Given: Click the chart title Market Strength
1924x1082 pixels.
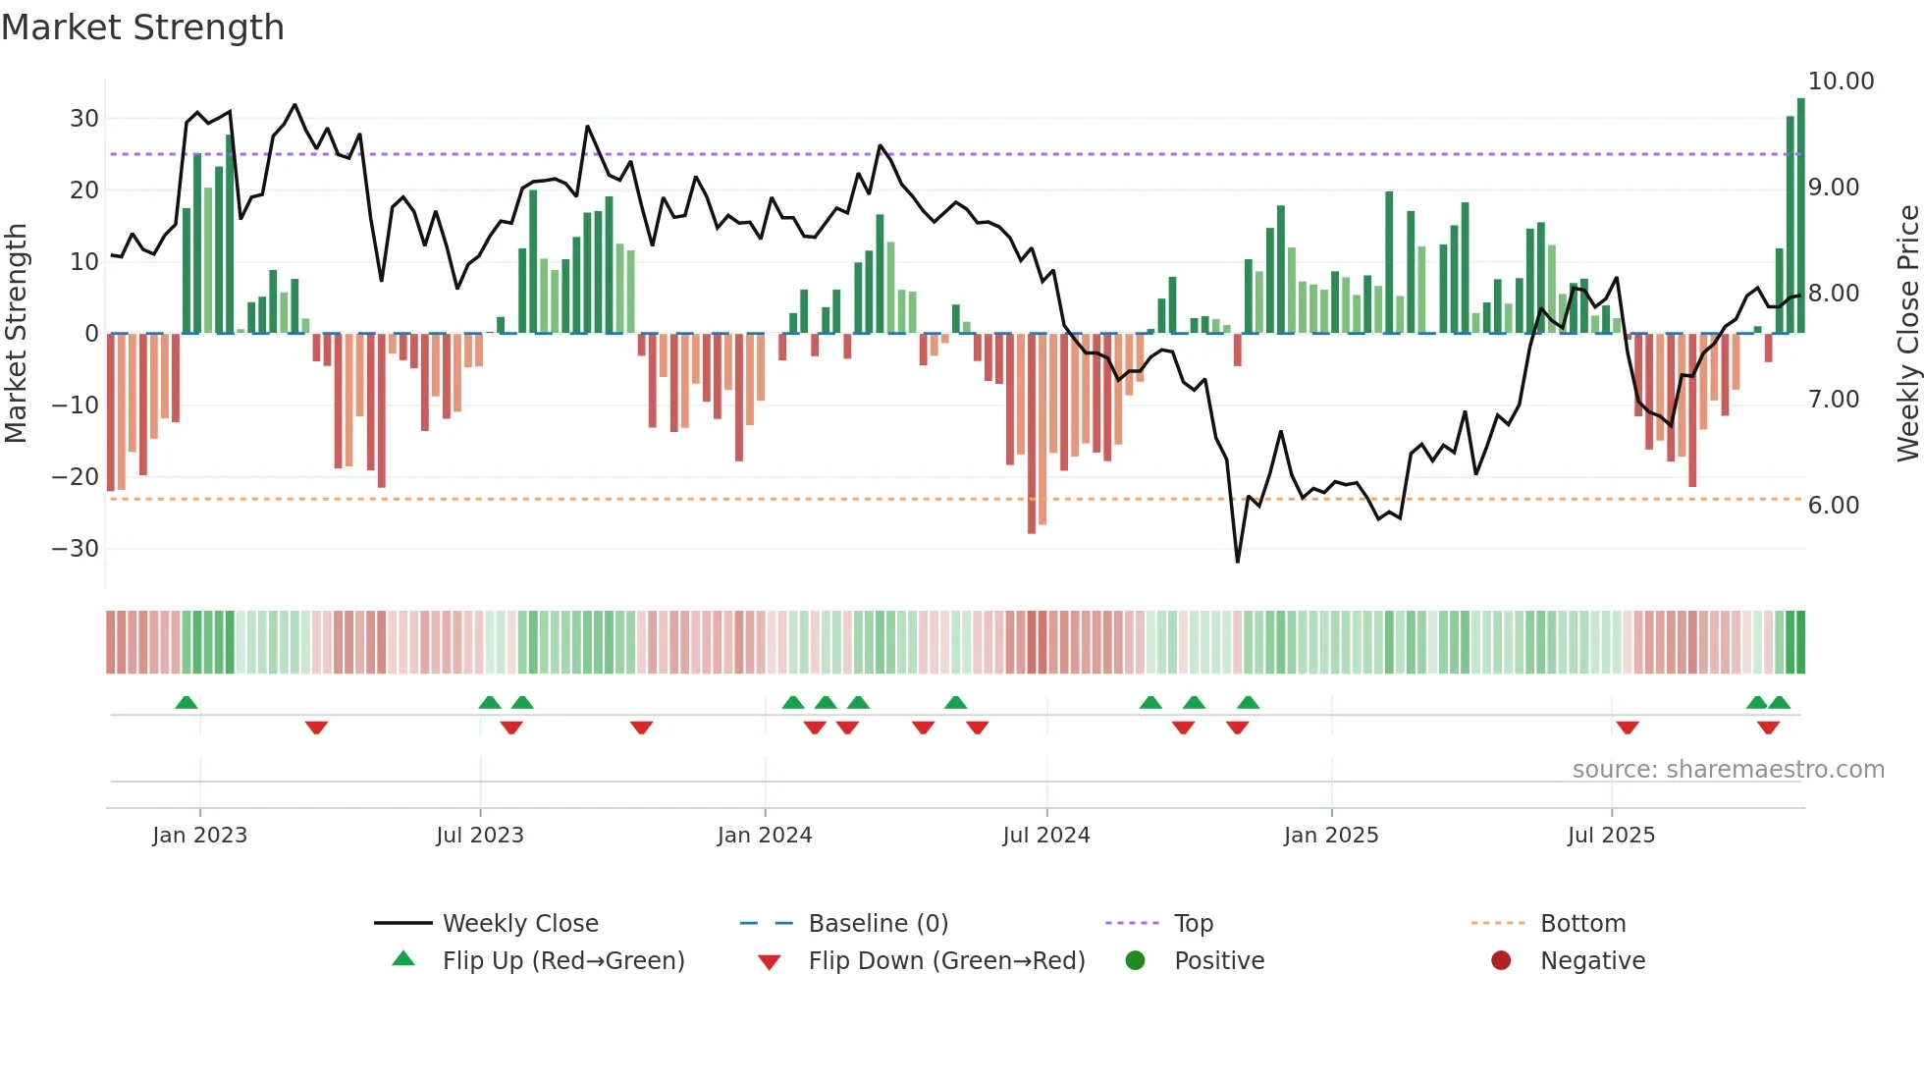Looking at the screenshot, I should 142,27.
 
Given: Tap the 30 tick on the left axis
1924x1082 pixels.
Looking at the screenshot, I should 84,119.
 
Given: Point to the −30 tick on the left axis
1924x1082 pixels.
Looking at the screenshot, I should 76,549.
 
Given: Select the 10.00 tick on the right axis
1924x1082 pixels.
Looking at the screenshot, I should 1841,81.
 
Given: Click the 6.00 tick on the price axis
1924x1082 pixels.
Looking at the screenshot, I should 1834,506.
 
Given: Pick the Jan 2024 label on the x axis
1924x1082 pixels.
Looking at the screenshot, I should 765,836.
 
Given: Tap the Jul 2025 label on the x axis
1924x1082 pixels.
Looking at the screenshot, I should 1611,836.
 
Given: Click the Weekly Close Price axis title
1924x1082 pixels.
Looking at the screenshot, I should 1907,334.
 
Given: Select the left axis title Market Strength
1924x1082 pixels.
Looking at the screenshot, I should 16,334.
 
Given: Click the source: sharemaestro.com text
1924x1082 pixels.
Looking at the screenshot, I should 1728,770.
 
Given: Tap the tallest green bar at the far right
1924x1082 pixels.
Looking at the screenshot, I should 1800,216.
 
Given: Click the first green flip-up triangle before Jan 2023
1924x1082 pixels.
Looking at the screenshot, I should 187,702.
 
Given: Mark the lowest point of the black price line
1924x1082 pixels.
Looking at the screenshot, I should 1237,562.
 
